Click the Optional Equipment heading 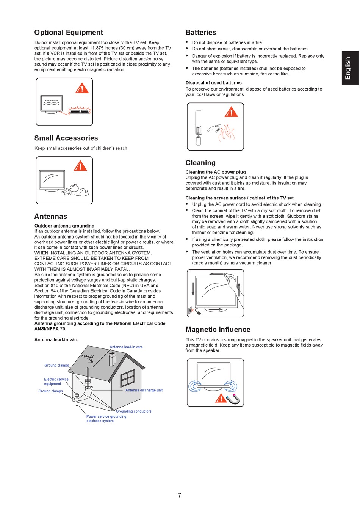[69, 33]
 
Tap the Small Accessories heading [66, 138]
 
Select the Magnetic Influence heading [218, 330]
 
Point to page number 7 [180, 495]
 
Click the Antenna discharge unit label [144, 390]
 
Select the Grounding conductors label [133, 411]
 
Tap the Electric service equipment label [56, 381]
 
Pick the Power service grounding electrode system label [106, 419]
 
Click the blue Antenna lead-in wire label [126, 347]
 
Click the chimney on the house [113, 358]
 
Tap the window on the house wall [127, 378]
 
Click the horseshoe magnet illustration [233, 399]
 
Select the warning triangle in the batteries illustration [231, 112]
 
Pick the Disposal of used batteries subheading [213, 83]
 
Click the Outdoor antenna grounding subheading [64, 226]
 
